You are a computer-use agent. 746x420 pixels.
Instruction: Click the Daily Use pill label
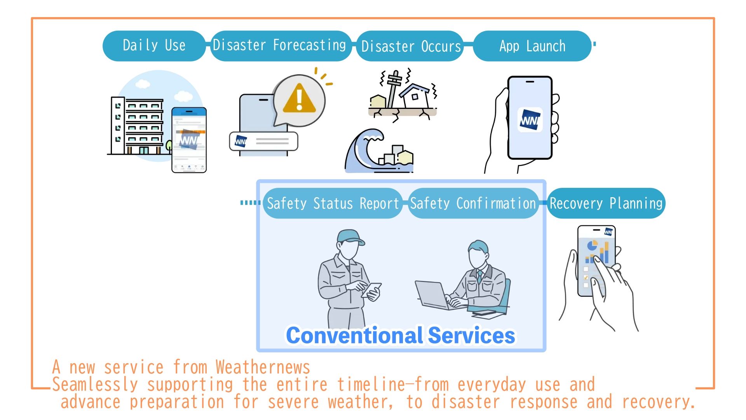coord(154,45)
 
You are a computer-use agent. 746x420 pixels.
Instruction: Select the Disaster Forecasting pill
coord(280,45)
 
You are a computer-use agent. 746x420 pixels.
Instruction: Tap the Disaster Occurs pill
coord(411,46)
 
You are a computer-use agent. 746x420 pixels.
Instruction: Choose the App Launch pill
coord(532,46)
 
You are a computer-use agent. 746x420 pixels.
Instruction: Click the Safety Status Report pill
coord(333,203)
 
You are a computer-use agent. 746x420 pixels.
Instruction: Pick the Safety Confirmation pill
coord(473,203)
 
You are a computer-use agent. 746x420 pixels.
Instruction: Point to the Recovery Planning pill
coord(606,203)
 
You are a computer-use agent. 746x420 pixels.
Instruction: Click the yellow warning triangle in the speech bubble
coord(299,99)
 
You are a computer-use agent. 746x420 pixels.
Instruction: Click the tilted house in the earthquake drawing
coord(415,95)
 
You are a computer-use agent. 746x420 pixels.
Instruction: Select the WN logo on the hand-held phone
coord(530,120)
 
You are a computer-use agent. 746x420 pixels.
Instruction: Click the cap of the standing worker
coord(351,236)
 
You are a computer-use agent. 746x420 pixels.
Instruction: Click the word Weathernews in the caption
coord(263,367)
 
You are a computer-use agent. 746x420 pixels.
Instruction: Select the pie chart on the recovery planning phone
coord(592,246)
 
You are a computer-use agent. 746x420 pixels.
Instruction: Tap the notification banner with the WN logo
coord(264,142)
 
